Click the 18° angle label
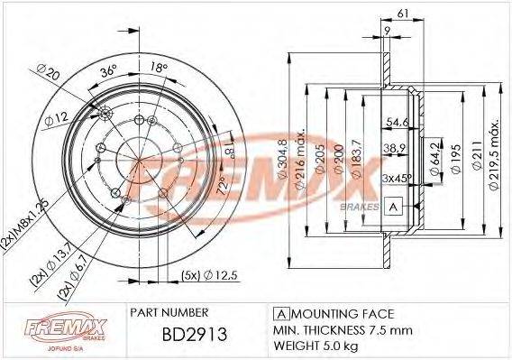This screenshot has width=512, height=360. tap(158, 67)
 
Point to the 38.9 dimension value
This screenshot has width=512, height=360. tap(393, 146)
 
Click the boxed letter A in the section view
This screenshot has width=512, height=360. tap(393, 207)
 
